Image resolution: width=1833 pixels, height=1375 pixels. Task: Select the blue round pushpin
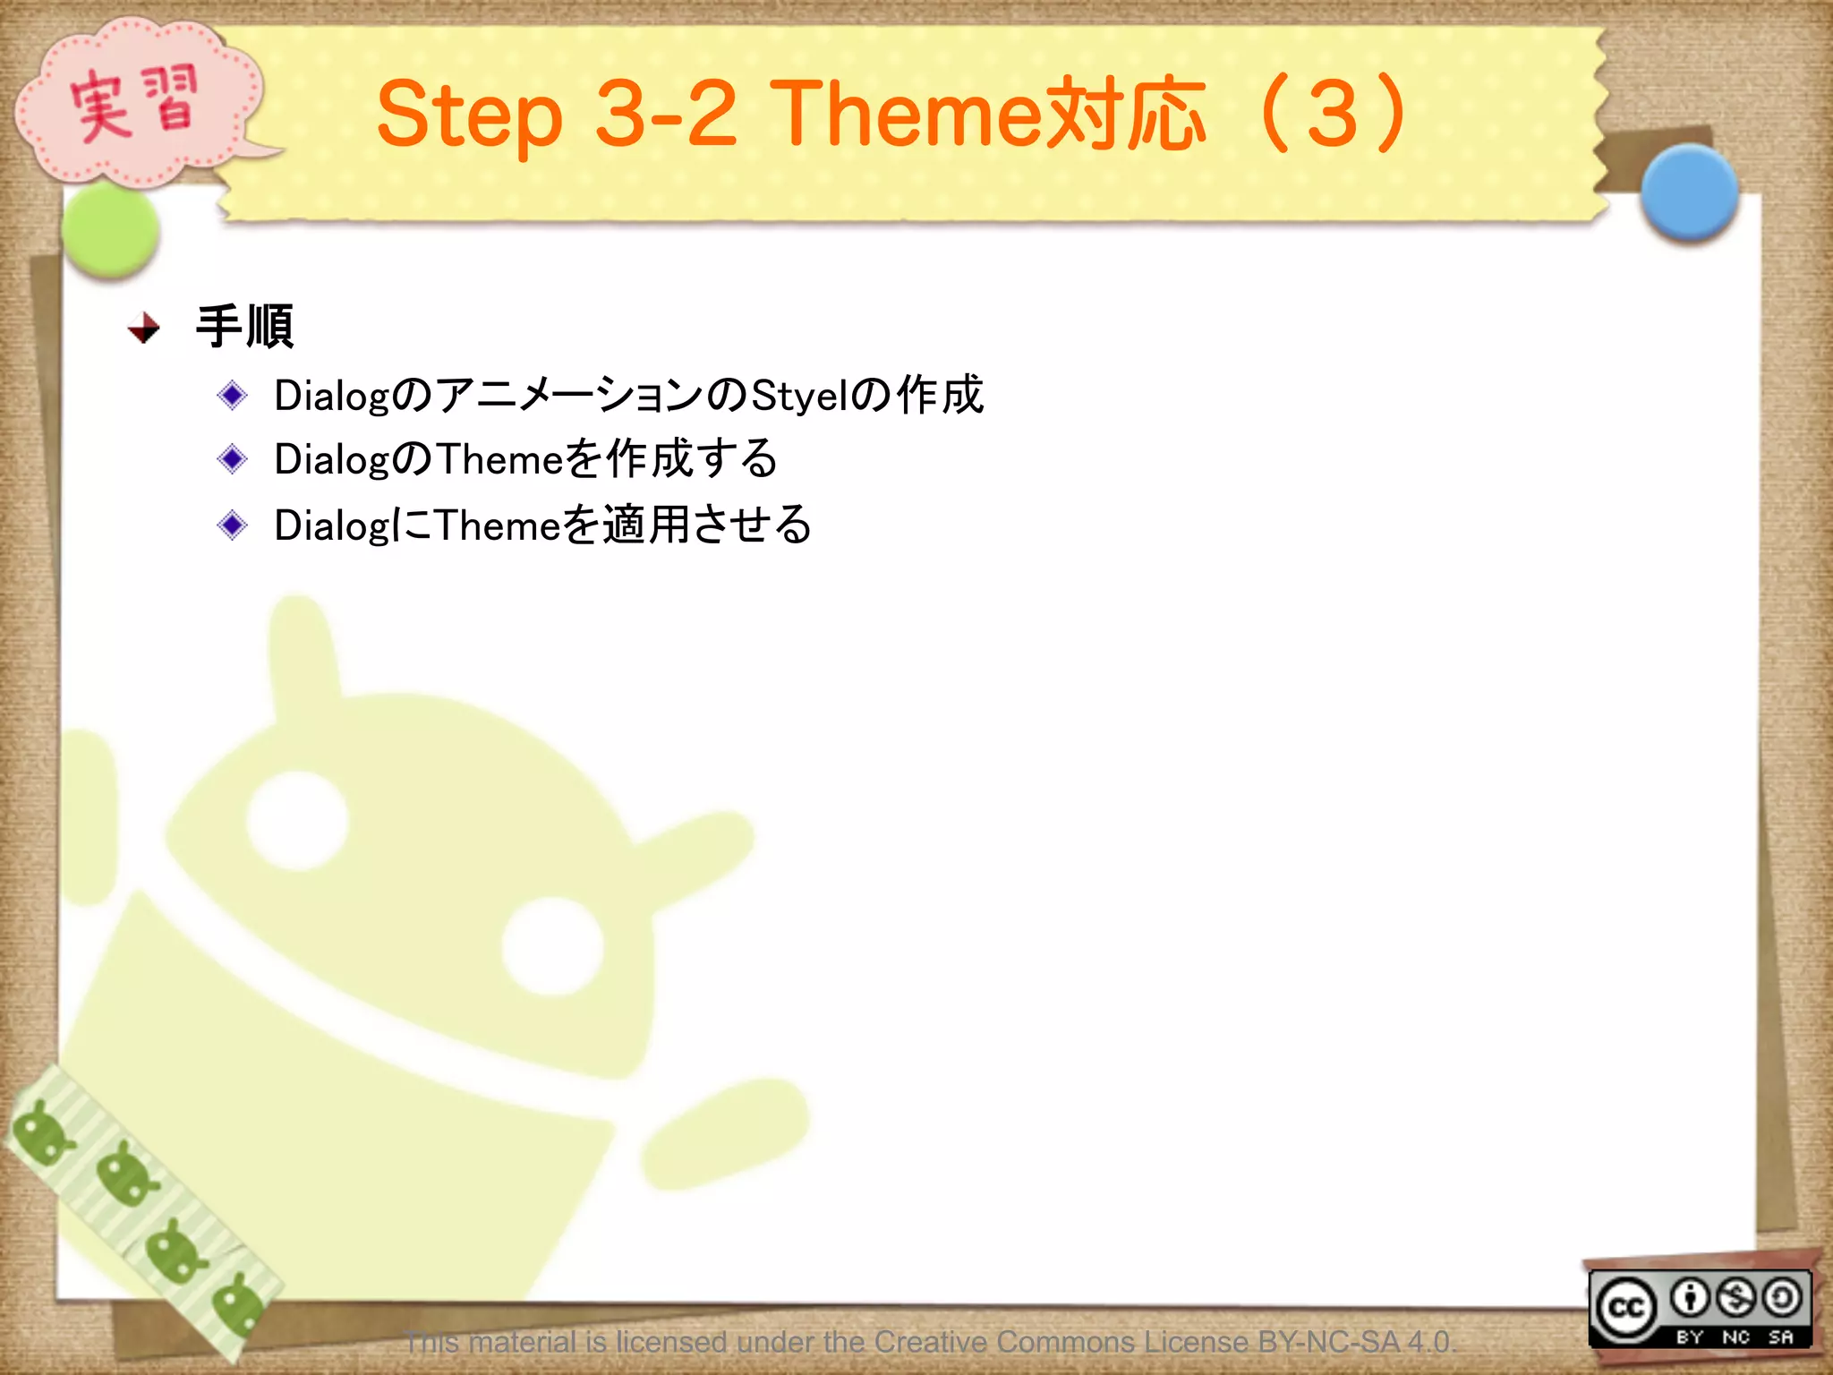coord(1689,192)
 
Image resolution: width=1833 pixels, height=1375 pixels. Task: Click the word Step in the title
coord(469,115)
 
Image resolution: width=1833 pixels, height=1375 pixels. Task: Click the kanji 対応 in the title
coord(1126,115)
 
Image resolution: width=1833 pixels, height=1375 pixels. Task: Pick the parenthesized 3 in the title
coord(1334,114)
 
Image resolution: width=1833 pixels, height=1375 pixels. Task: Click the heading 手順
coord(244,327)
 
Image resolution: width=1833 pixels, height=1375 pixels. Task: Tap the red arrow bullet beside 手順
coord(144,329)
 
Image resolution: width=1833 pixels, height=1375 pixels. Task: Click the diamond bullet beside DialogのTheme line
coord(233,459)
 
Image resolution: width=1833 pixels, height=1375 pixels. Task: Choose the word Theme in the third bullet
coord(498,525)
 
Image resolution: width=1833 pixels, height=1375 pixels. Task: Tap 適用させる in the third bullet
coord(707,525)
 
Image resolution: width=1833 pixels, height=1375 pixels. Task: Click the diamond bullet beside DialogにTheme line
coord(233,525)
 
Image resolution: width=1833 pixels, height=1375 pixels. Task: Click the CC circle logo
coord(1626,1308)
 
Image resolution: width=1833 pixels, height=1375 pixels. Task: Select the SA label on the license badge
coord(1780,1337)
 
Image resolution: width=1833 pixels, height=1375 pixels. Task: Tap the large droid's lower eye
coord(551,946)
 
